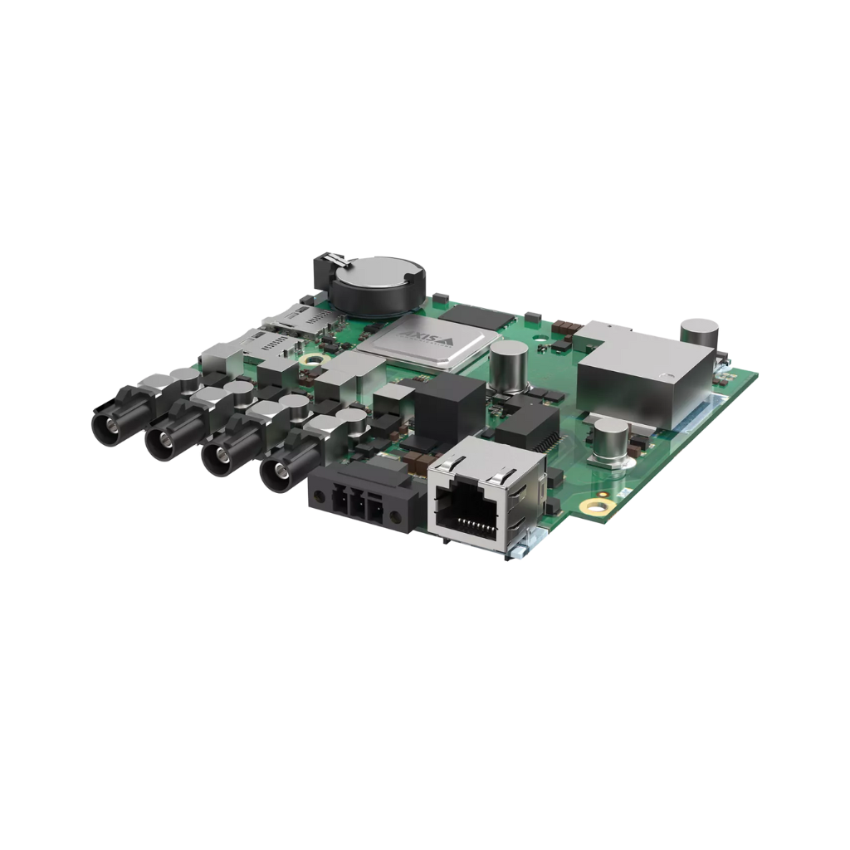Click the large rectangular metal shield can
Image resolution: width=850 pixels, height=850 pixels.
coord(644,374)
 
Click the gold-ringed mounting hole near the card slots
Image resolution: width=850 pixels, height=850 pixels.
coord(314,359)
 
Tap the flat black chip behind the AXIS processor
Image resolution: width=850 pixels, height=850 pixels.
coord(476,316)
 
